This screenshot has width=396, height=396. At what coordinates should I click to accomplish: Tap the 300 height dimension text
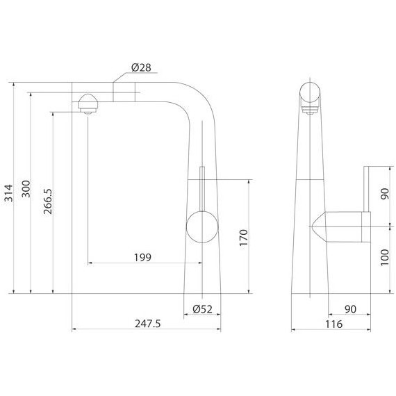click(x=26, y=191)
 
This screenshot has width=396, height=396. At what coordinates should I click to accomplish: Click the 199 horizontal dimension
click(x=143, y=257)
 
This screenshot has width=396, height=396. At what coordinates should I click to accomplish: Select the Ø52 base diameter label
click(x=202, y=308)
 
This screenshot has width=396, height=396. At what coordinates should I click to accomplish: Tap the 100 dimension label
click(x=385, y=261)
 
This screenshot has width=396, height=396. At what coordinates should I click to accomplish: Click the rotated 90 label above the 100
click(x=385, y=195)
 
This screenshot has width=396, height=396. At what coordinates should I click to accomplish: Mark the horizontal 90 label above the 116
click(x=351, y=308)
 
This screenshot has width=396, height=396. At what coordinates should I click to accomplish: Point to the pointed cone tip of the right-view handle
click(x=316, y=226)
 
